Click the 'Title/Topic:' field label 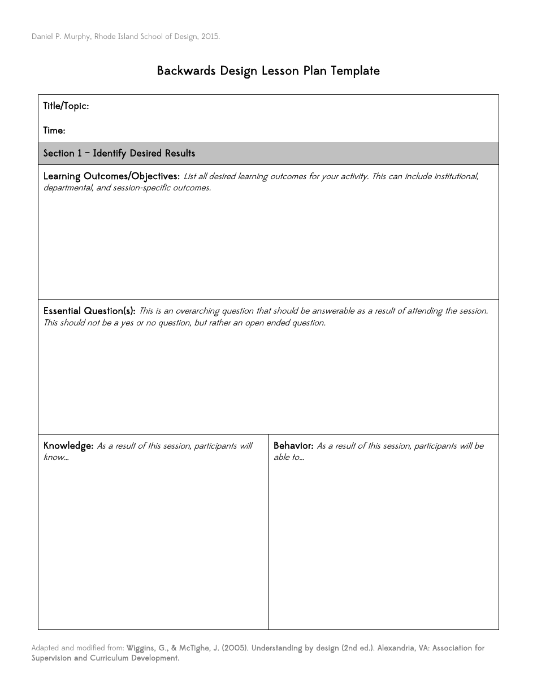pos(66,106)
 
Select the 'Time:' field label pos(54,131)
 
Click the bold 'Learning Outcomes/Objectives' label pos(111,176)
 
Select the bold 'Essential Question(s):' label pos(89,311)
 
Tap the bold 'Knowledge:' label pos(68,446)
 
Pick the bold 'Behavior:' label pos(293,446)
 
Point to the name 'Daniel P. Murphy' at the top pos(59,37)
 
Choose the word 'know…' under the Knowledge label pos(56,457)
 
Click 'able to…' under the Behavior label pos(289,457)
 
